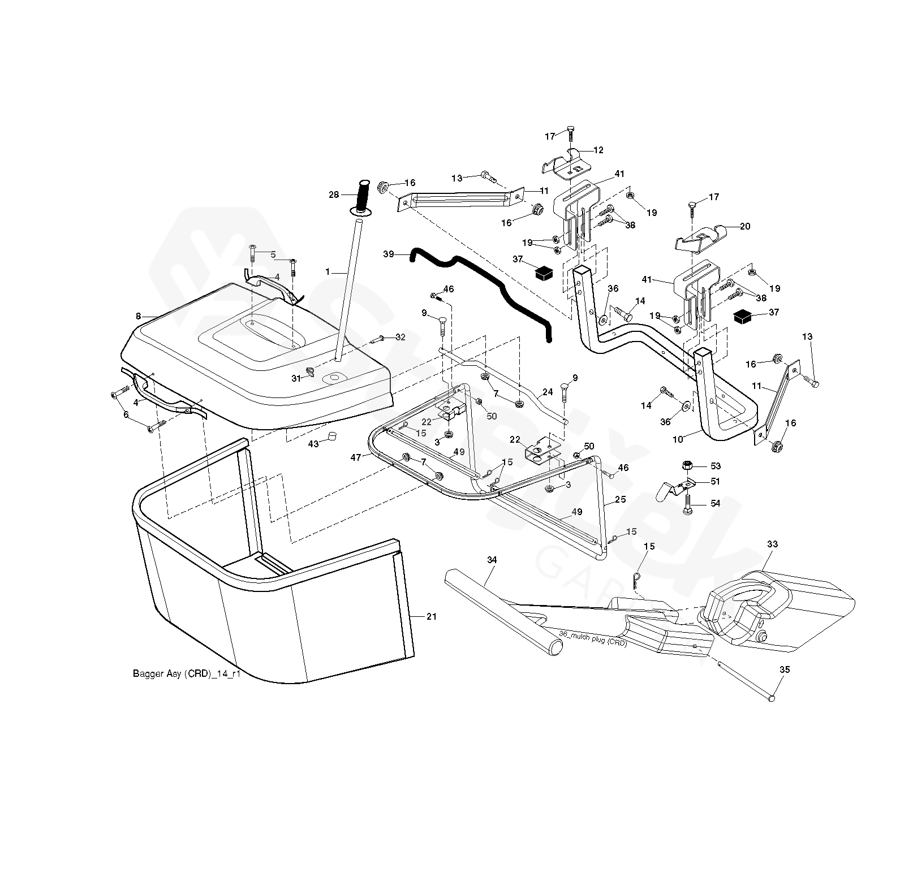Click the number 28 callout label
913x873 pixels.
[334, 195]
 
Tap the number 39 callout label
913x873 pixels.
[389, 254]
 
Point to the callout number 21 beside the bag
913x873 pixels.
[432, 617]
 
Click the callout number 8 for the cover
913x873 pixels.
[138, 317]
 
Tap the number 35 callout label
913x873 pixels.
[785, 669]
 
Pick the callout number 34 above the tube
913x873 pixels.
[476, 560]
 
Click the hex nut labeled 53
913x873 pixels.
[686, 466]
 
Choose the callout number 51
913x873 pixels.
[716, 481]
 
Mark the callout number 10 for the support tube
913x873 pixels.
[678, 438]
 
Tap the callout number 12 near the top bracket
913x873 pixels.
[598, 150]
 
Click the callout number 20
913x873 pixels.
[745, 226]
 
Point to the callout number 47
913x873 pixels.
[355, 457]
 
